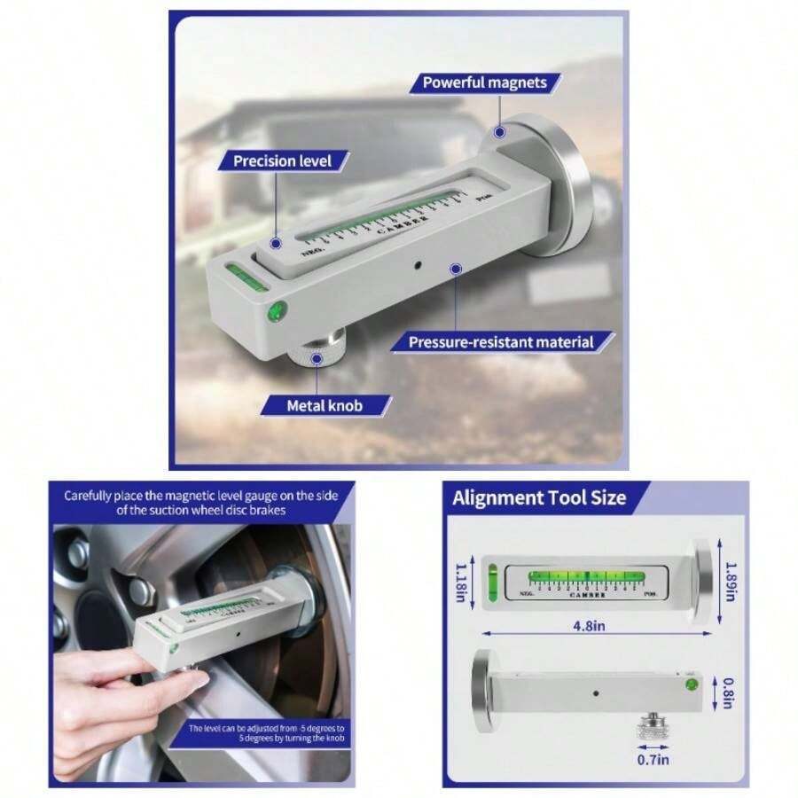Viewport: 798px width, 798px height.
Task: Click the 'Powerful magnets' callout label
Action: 490,82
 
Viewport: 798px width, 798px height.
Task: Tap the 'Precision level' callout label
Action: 282,160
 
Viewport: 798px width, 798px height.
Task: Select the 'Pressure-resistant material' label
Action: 500,341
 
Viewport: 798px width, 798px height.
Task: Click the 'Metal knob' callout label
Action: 325,406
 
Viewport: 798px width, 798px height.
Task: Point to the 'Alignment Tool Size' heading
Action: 539,497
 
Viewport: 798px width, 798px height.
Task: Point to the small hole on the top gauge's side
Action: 418,263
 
